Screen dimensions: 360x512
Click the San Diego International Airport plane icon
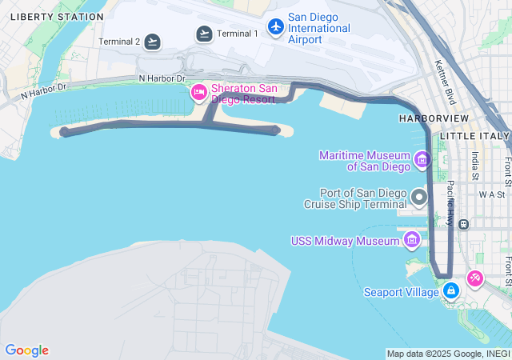pos(276,27)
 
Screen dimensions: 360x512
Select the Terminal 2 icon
pos(152,42)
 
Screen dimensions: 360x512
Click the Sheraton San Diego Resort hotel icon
pos(198,94)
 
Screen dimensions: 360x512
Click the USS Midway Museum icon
pos(412,239)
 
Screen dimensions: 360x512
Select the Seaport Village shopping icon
pos(451,290)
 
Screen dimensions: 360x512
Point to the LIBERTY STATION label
pos(58,16)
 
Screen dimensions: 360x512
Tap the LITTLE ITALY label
pos(480,136)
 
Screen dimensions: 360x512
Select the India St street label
pos(475,166)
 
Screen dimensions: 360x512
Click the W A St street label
pos(492,194)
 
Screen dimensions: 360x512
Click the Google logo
pos(26,350)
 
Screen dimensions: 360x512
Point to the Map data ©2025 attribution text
pos(448,354)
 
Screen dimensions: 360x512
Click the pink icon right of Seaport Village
pos(475,278)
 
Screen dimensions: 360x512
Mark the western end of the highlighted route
pos(64,132)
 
